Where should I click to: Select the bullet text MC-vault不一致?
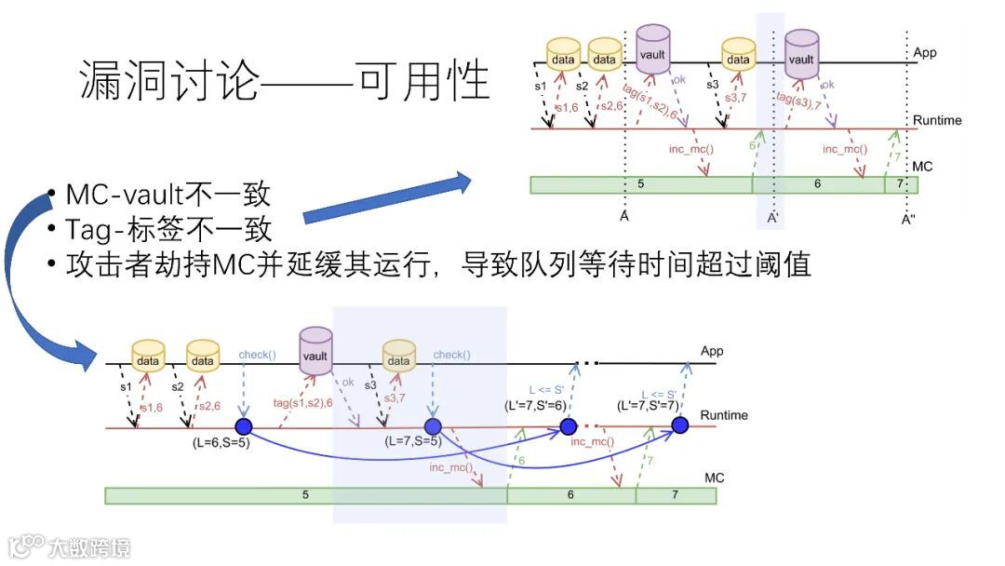point(168,195)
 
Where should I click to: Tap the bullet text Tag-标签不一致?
point(168,229)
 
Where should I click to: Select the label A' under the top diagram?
point(771,220)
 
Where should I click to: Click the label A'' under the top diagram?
point(909,220)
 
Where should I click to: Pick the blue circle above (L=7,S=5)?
point(432,427)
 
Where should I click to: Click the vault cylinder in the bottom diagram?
point(315,349)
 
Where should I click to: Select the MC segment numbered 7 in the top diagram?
point(900,184)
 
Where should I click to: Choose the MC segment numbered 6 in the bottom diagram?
point(570,495)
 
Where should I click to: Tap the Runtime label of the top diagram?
point(937,121)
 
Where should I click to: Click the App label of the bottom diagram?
point(712,351)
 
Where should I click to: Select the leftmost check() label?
point(257,355)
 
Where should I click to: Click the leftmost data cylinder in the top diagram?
point(563,55)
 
